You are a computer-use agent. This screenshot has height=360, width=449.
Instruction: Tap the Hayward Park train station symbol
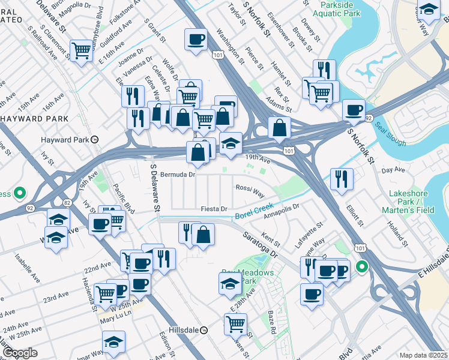tap(94, 139)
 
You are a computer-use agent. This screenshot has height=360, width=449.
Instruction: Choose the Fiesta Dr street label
tap(214, 209)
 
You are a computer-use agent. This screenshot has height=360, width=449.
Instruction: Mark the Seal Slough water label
tap(390, 134)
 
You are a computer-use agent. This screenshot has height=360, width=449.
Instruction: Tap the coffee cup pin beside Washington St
tap(196, 40)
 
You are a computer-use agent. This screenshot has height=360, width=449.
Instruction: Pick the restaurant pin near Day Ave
tap(342, 178)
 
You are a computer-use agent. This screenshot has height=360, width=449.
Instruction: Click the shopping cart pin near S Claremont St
tap(80, 50)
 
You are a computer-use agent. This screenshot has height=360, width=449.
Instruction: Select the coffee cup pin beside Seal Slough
tap(354, 109)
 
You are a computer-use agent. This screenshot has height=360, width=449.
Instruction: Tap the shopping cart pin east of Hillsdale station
tap(235, 323)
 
